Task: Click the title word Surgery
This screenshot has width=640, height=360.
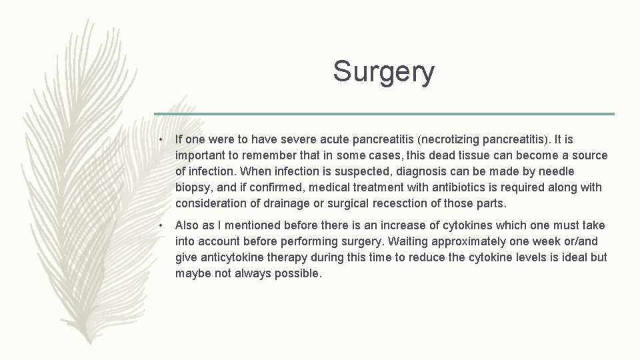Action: pos(383,72)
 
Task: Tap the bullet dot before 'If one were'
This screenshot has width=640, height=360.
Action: pos(161,140)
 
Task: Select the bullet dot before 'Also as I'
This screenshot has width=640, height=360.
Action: pos(161,226)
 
